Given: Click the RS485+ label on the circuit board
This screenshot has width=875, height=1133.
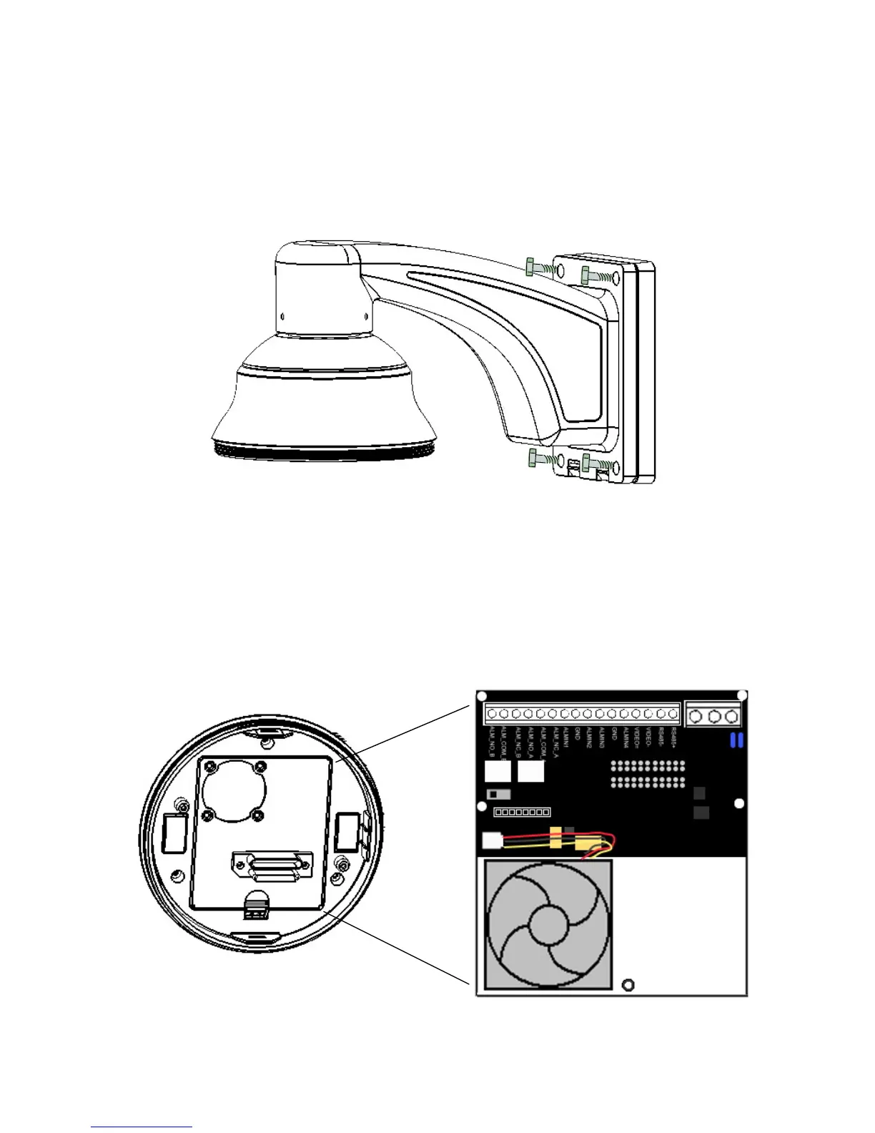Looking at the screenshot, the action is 672,736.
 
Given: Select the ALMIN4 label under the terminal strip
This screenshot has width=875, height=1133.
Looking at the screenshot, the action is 626,737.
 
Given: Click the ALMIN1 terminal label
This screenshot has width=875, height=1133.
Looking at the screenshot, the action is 565,737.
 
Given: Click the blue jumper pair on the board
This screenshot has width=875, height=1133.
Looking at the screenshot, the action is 736,740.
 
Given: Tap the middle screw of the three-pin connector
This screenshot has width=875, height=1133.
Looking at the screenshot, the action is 713,715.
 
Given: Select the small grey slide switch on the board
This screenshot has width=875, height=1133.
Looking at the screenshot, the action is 498,794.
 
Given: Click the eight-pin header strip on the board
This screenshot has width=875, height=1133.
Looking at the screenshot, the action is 522,812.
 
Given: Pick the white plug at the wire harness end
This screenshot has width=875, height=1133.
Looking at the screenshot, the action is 492,840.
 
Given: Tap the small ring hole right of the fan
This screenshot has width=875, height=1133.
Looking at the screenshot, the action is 628,985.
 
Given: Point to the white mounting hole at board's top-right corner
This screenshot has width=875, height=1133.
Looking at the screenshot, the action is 743,695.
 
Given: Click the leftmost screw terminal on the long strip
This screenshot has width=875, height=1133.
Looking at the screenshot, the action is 492,714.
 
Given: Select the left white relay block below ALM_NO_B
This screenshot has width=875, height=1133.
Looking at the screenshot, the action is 497,771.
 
